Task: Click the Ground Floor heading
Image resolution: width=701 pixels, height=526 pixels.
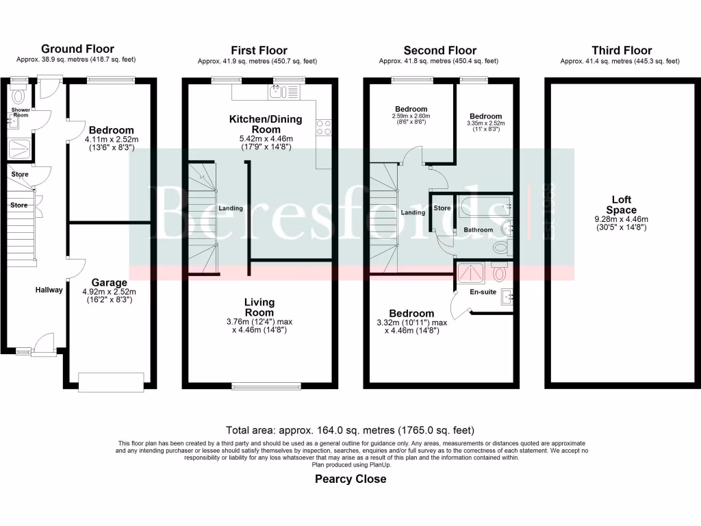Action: tap(77, 49)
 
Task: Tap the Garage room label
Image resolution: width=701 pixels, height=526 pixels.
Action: tap(110, 282)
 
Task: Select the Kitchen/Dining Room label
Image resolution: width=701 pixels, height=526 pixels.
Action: tap(265, 124)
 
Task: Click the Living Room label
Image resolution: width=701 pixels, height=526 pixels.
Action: tap(259, 307)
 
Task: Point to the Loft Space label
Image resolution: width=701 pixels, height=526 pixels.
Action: tap(624, 205)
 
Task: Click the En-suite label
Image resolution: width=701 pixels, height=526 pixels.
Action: tap(483, 292)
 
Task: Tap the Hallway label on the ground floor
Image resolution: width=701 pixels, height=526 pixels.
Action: tap(49, 290)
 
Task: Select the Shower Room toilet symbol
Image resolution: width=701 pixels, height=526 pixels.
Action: tap(18, 96)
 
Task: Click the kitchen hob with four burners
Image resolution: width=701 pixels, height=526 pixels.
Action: tap(323, 128)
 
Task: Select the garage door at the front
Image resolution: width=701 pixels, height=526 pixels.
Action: tap(111, 381)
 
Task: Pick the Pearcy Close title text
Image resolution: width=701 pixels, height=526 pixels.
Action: tap(350, 479)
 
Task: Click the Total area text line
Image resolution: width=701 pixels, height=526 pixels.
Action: tap(350, 431)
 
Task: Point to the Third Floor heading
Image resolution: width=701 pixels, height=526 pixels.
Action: tap(622, 50)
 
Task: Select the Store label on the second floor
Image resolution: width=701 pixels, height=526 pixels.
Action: tap(442, 208)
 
